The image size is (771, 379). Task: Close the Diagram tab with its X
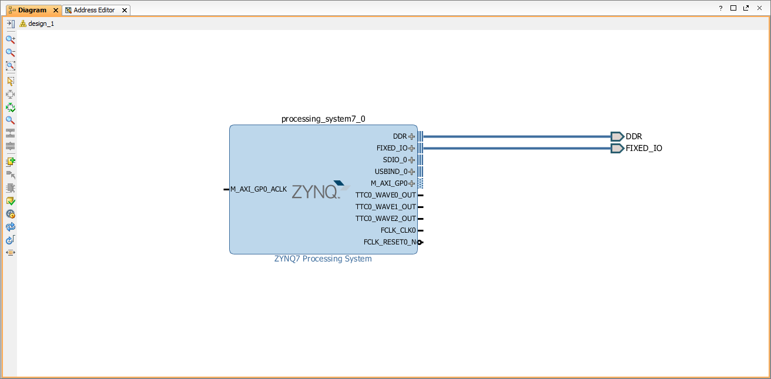(x=55, y=11)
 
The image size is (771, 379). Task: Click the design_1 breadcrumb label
(x=41, y=24)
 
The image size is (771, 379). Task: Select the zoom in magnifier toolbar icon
(x=11, y=39)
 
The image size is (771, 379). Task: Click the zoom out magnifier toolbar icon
(x=11, y=52)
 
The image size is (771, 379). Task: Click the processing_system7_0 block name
(x=323, y=119)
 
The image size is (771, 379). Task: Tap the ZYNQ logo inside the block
(x=321, y=190)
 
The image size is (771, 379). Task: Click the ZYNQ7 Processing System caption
(x=323, y=259)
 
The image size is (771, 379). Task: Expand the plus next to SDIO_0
(x=412, y=160)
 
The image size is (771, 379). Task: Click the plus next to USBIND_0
(x=412, y=172)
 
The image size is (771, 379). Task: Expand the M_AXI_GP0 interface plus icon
(x=412, y=183)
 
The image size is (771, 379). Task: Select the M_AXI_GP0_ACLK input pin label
(x=259, y=189)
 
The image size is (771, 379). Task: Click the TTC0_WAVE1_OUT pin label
(x=385, y=207)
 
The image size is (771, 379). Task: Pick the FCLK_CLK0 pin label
(x=398, y=230)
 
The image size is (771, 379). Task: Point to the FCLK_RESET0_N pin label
(x=390, y=242)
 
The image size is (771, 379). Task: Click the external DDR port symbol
(x=618, y=137)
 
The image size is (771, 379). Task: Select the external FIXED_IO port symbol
(x=618, y=148)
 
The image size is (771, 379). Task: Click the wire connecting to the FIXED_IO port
(x=517, y=148)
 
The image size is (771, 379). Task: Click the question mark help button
(x=720, y=8)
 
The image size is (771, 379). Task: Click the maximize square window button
(x=733, y=8)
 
